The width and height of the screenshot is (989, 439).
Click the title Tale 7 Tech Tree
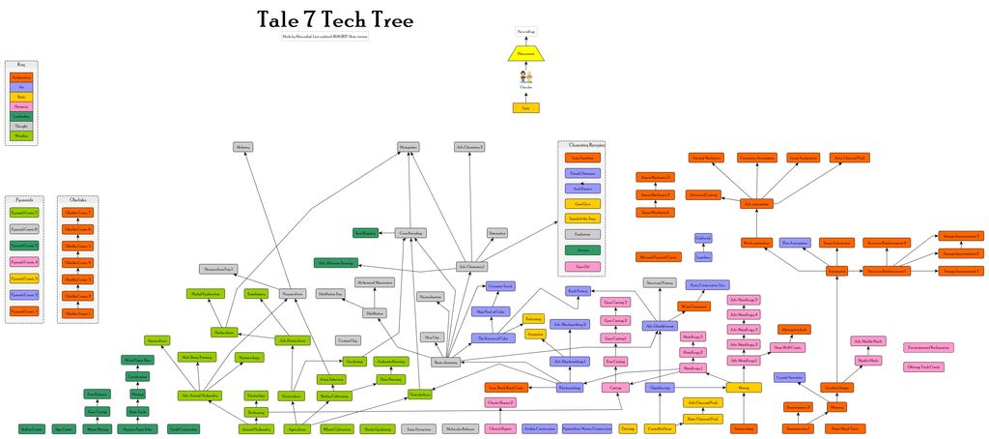(x=335, y=20)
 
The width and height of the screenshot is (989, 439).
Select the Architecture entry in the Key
(x=21, y=76)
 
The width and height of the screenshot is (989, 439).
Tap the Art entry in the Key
(x=21, y=87)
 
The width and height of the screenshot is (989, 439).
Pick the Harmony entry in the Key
(x=21, y=106)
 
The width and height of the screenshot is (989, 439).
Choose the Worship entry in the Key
(x=21, y=136)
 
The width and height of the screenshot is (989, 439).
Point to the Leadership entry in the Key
(x=21, y=116)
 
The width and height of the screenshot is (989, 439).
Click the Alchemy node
(x=242, y=147)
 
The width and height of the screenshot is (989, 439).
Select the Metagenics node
(x=409, y=147)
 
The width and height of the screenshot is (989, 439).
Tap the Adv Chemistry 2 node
(x=469, y=147)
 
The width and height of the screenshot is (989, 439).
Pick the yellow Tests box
(x=525, y=107)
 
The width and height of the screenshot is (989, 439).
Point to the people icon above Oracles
(x=525, y=76)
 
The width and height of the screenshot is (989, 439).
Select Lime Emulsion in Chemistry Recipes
(x=581, y=157)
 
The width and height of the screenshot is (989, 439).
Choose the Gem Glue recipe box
(x=581, y=203)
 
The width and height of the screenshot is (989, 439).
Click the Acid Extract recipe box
(x=581, y=188)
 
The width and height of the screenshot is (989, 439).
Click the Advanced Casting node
(x=703, y=194)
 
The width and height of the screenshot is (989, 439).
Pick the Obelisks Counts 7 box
(x=77, y=212)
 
